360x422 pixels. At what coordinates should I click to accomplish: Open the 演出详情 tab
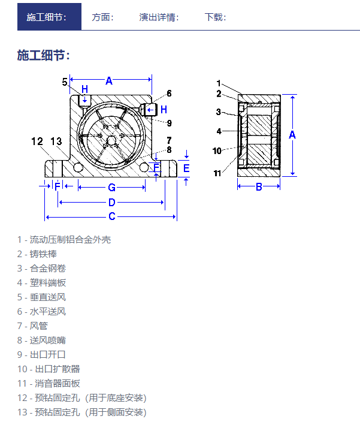[159, 17]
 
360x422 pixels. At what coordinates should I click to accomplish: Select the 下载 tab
[216, 17]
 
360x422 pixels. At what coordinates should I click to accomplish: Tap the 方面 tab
[102, 17]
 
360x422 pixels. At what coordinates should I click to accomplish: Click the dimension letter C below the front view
[112, 216]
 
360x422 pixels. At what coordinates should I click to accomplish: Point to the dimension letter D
[112, 202]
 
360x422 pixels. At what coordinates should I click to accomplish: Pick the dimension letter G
[111, 187]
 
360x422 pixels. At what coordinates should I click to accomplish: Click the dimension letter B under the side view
[259, 186]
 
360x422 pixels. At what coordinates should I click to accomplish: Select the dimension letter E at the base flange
[186, 168]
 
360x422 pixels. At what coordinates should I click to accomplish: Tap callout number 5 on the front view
[65, 82]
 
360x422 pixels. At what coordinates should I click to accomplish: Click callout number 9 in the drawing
[169, 123]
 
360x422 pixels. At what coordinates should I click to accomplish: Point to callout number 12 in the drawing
[37, 141]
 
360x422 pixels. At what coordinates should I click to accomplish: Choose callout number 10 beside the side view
[217, 150]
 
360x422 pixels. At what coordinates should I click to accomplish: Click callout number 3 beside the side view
[218, 111]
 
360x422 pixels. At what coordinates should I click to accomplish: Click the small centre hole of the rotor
[111, 140]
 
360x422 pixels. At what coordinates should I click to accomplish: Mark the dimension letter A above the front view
[109, 80]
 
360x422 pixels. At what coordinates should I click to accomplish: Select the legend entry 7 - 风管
[32, 326]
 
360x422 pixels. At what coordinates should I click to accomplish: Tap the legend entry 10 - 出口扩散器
[49, 369]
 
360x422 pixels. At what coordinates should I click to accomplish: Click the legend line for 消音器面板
[49, 383]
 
